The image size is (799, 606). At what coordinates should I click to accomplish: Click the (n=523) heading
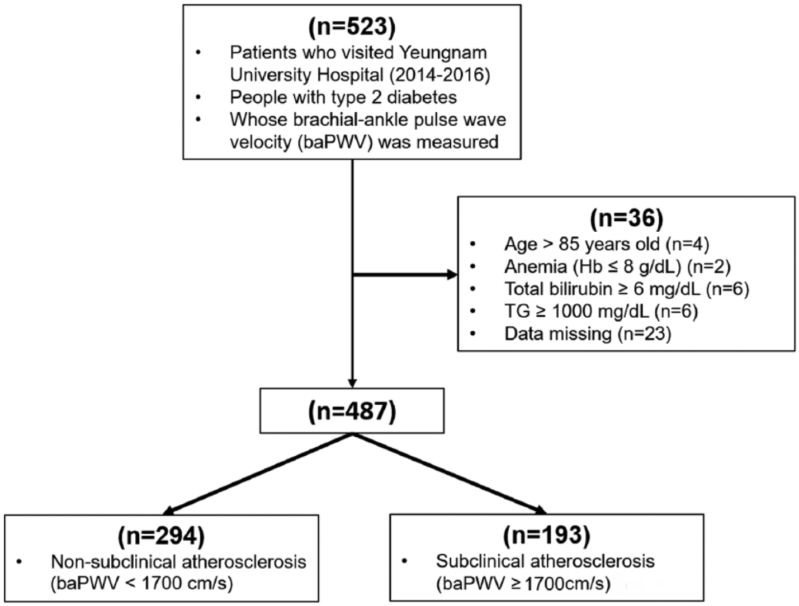352,27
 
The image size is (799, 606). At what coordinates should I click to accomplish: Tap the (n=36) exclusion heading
626,219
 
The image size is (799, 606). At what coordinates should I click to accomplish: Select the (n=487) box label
352,411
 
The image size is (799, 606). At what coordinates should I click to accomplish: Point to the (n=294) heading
161,536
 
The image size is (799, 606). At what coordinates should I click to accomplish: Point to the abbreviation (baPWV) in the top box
336,142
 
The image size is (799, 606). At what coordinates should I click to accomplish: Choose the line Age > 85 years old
607,244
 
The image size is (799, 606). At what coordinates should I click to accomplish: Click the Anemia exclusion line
617,267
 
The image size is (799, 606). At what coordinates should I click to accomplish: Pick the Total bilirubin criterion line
626,289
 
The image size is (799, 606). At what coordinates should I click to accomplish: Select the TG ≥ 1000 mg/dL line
601,312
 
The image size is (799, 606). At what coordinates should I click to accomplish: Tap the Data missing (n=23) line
588,333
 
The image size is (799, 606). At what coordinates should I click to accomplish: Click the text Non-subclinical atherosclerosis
178,562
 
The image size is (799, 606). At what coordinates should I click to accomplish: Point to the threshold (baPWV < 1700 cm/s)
141,584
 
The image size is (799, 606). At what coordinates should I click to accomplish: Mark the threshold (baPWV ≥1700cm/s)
523,584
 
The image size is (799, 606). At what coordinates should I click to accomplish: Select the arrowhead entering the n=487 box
352,383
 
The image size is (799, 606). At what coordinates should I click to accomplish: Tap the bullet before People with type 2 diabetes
198,97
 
